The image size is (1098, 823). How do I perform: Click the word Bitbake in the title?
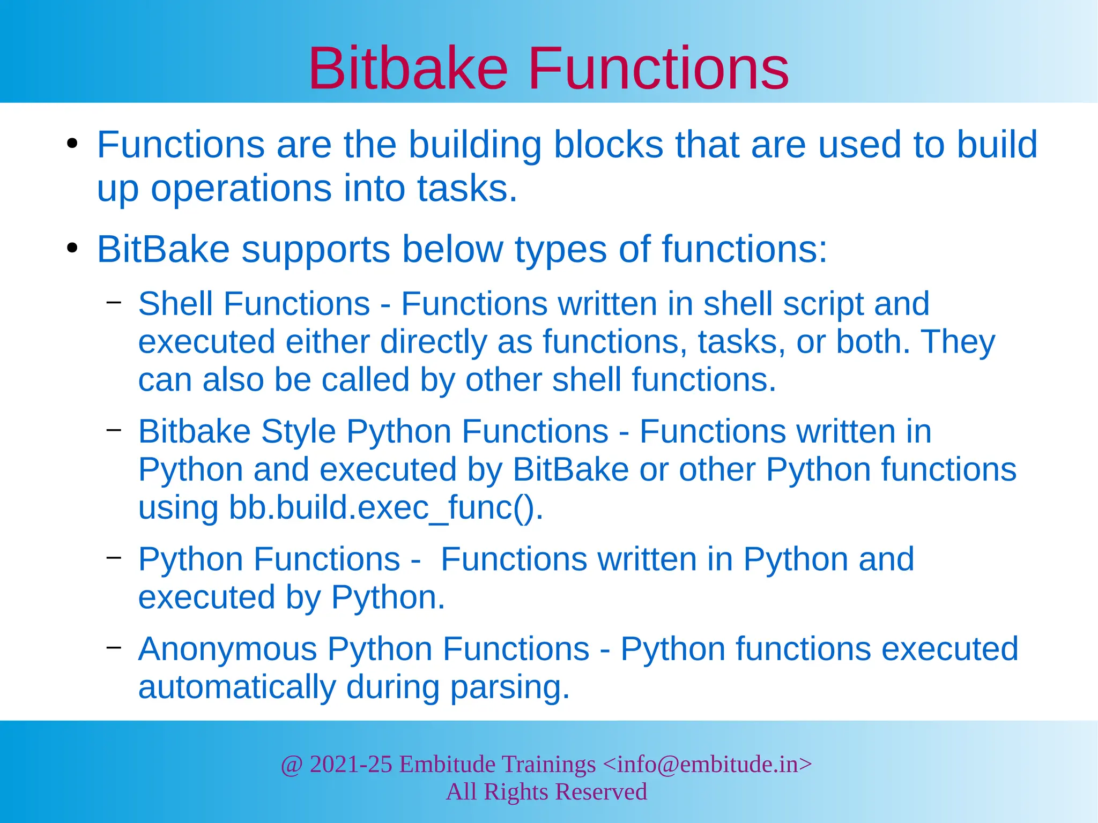(407, 69)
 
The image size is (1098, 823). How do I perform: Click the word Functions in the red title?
(658, 69)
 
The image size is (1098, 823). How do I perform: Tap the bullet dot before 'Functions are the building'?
(72, 145)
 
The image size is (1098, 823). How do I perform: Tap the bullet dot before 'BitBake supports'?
(72, 249)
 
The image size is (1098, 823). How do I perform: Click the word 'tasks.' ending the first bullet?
(467, 189)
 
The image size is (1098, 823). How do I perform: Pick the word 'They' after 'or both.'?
(958, 342)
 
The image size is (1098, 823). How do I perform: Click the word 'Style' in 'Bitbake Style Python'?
(298, 431)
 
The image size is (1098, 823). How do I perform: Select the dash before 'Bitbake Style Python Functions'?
(114, 430)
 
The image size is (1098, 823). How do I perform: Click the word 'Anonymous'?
(228, 649)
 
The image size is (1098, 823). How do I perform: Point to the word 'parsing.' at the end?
(509, 687)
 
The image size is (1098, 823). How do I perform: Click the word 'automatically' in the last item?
(236, 687)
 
